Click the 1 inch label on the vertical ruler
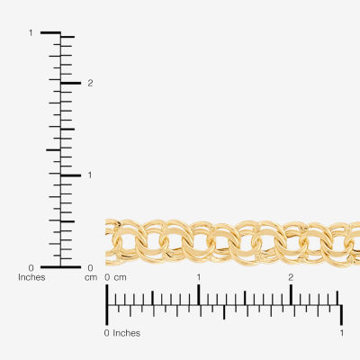pos(31,32)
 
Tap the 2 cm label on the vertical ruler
pos(90,83)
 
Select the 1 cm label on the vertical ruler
pos(90,175)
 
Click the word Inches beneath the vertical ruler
pos(31,277)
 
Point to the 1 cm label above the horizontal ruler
pos(198,277)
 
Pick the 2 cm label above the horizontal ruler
pos(291,277)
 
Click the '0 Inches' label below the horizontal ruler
pos(122,333)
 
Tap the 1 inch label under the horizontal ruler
pos(342,333)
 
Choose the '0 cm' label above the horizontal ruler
pos(115,277)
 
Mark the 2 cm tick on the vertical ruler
pos(71,83)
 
